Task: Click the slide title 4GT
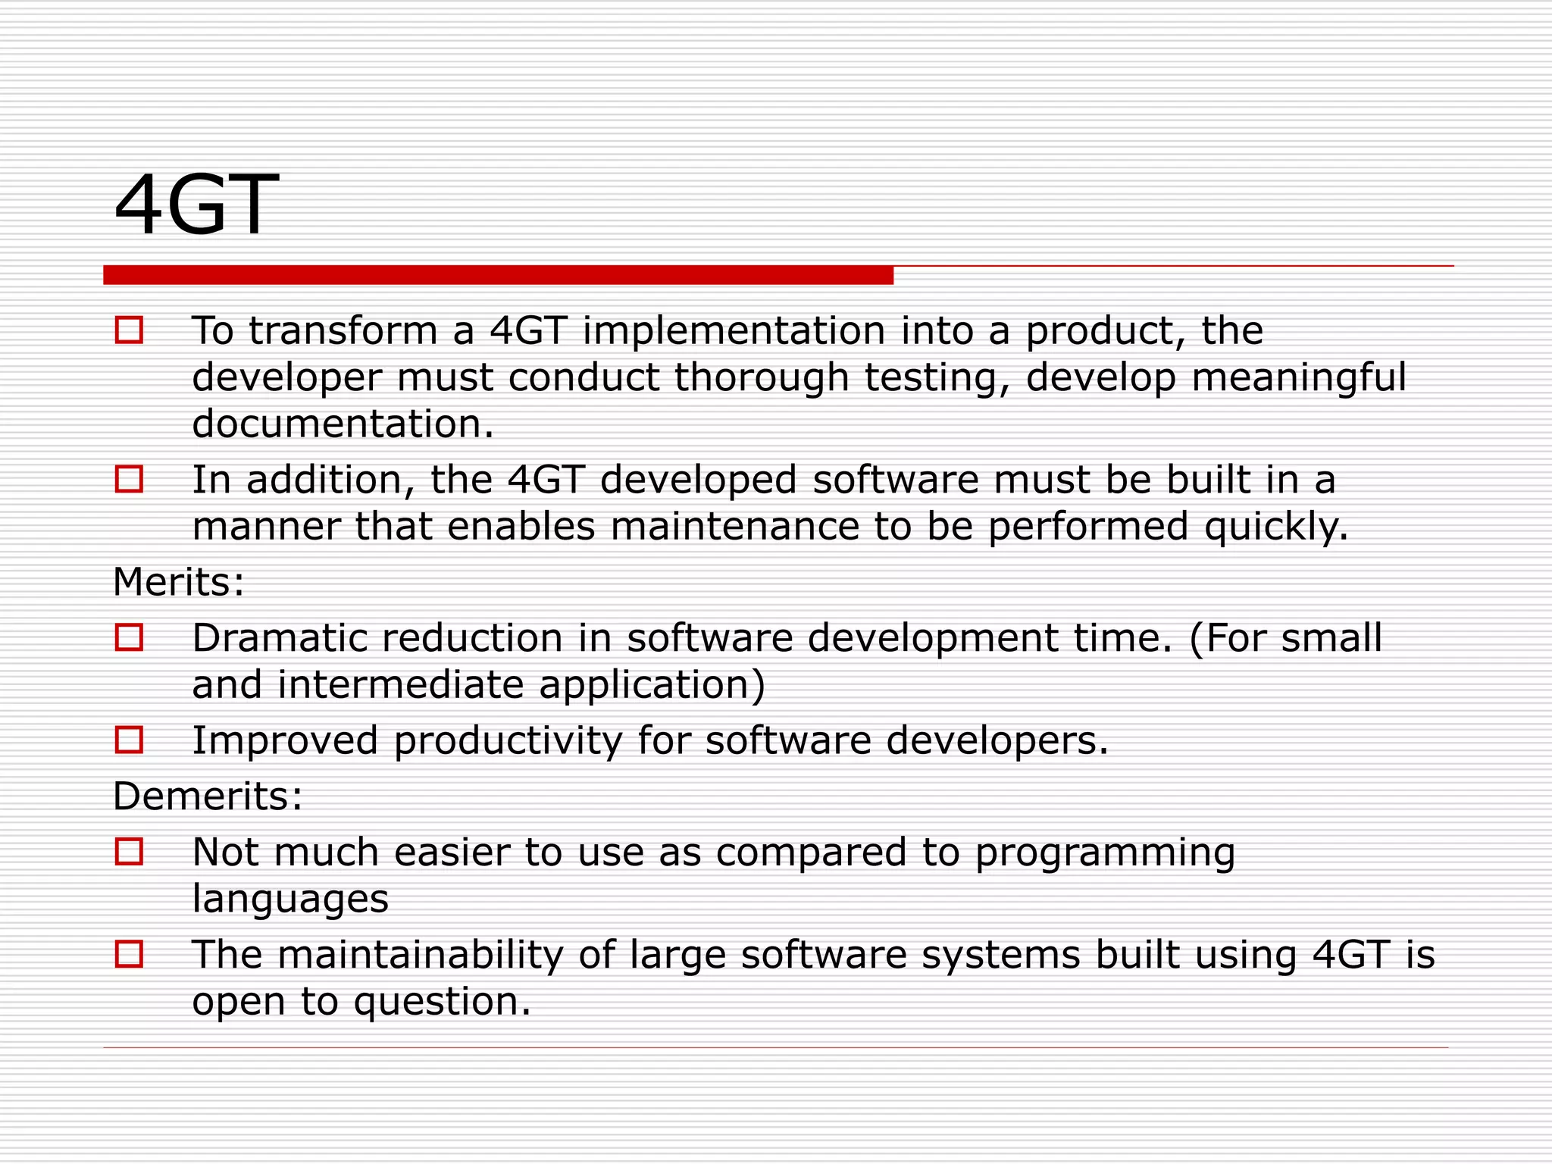(x=196, y=205)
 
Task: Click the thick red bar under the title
(x=498, y=275)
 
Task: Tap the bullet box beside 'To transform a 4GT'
(x=129, y=330)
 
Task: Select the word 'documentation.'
(x=343, y=424)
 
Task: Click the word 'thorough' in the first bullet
(x=761, y=377)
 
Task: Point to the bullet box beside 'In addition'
(x=129, y=479)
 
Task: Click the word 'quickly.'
(x=1276, y=527)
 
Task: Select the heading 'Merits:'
(x=179, y=582)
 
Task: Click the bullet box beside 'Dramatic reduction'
(x=129, y=637)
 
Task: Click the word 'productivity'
(x=508, y=740)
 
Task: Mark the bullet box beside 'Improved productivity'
(x=129, y=740)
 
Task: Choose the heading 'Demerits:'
(x=208, y=796)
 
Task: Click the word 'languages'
(x=290, y=900)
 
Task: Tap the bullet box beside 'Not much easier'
(x=129, y=852)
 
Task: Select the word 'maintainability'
(x=421, y=954)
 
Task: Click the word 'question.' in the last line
(x=443, y=1002)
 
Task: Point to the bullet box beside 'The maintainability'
(x=129, y=954)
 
